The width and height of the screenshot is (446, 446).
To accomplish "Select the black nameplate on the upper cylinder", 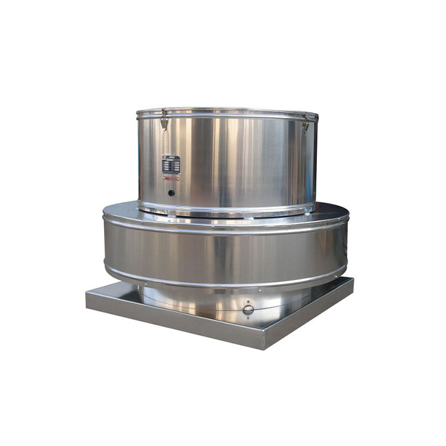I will coord(171,164).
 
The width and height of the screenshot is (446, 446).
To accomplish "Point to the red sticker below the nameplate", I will coord(171,178).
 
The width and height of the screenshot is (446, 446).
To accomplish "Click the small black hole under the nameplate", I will coord(171,193).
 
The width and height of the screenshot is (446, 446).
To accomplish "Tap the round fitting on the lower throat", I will coord(248,309).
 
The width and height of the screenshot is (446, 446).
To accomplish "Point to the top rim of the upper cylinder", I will coord(226,111).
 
